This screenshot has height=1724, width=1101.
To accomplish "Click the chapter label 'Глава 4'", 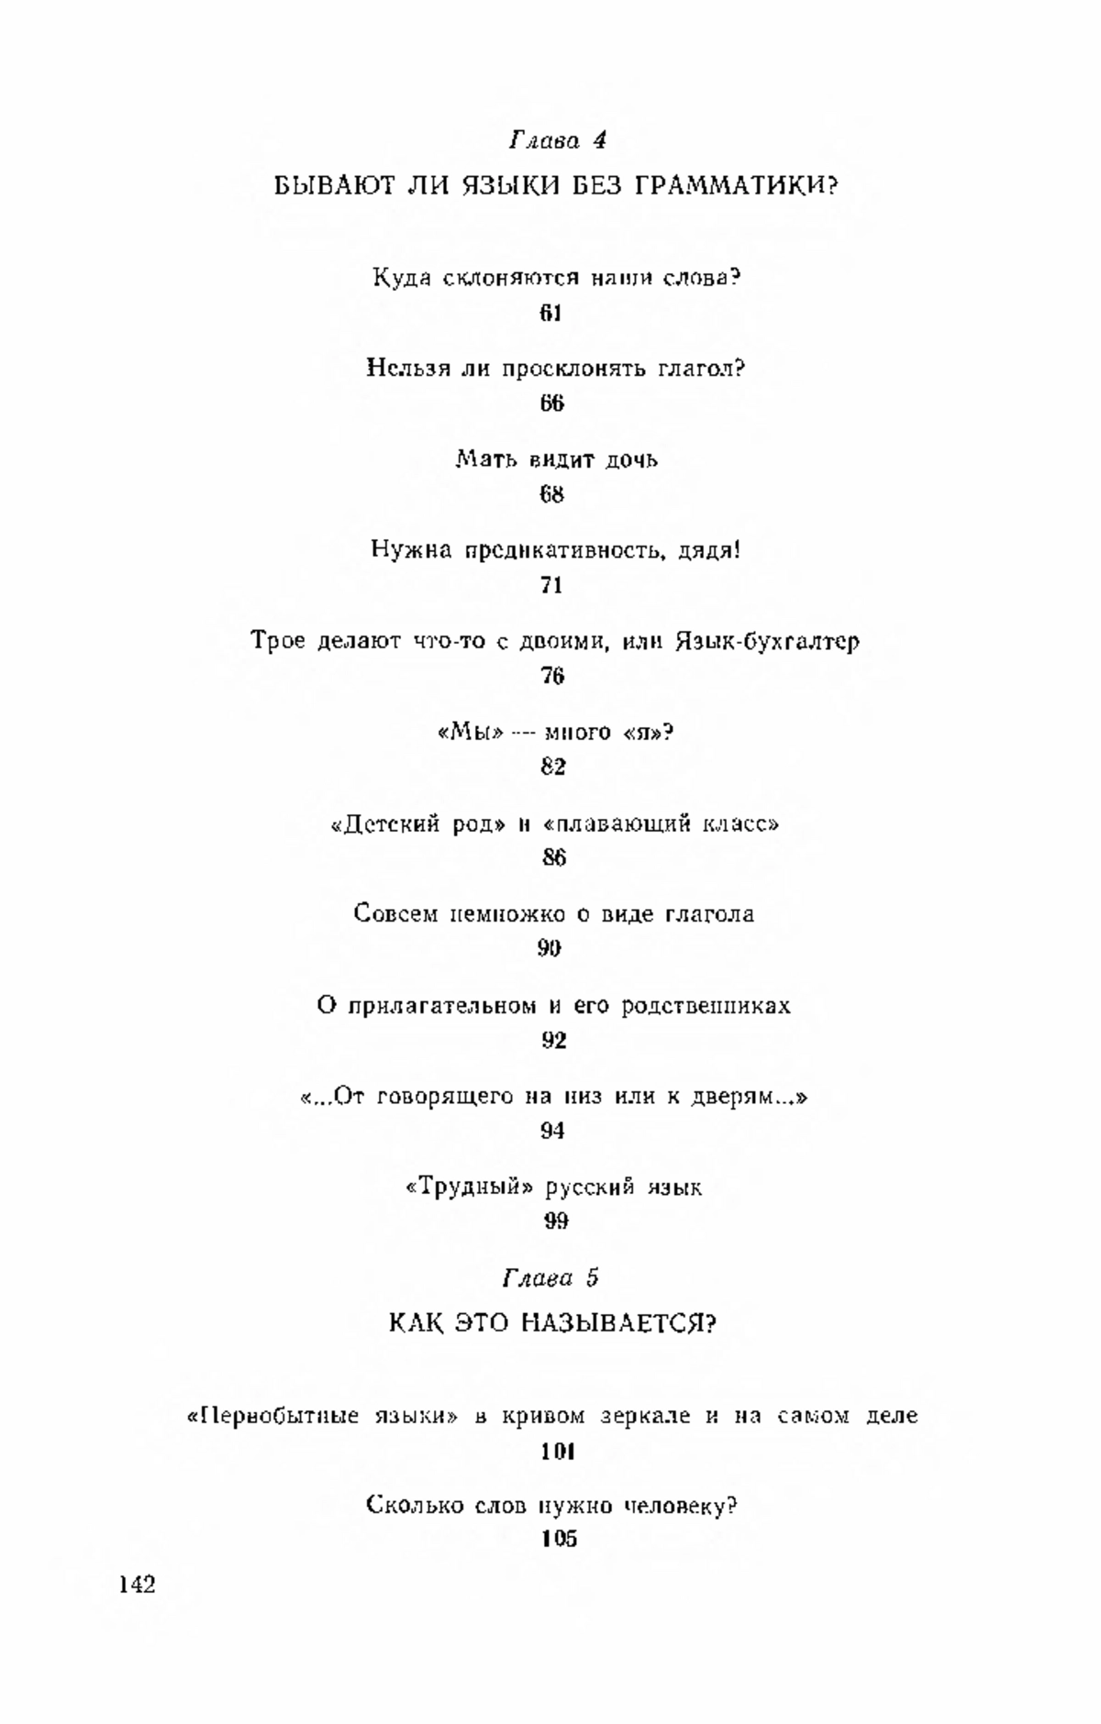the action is tap(557, 140).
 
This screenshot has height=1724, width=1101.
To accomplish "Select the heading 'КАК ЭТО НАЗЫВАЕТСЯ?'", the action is tap(553, 1323).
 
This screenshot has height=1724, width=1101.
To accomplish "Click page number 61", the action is tap(550, 313).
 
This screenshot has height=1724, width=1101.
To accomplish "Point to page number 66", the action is tap(551, 403).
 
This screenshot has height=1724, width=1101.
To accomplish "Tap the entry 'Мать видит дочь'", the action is tap(557, 459).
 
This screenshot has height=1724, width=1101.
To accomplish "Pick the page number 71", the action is tap(551, 585).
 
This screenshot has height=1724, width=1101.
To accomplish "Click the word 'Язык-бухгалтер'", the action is tap(767, 641).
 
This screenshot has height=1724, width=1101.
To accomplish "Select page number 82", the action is tap(552, 767).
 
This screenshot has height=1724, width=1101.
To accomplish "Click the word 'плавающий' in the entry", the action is tap(620, 824).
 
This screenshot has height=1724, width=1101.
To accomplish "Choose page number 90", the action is tap(549, 948).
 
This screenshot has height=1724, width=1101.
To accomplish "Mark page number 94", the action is tap(552, 1131).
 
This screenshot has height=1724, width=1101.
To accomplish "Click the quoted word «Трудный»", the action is tap(469, 1188).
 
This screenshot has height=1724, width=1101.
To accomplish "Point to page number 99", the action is tap(556, 1221).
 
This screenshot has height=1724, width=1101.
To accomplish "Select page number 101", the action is tap(557, 1452).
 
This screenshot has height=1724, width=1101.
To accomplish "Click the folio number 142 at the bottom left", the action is tap(138, 1586).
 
